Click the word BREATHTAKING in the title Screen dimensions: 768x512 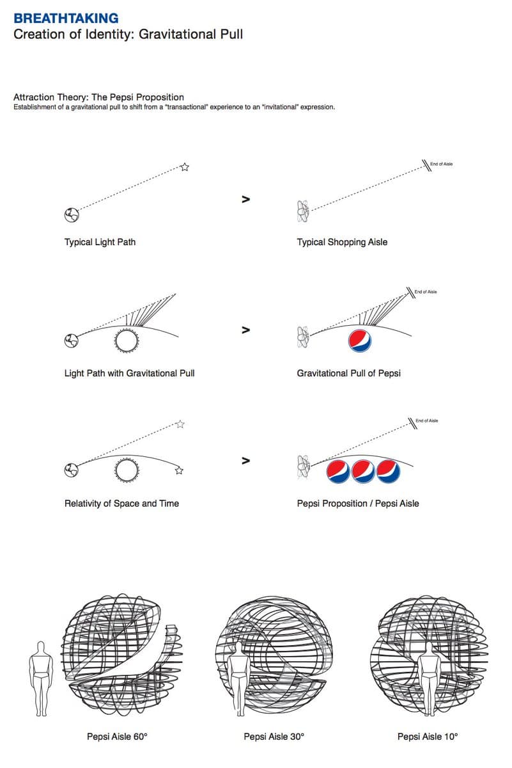click(66, 18)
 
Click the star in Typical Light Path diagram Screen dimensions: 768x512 click(185, 167)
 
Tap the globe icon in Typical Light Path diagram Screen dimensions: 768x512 click(71, 215)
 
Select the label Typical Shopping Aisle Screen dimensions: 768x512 click(342, 243)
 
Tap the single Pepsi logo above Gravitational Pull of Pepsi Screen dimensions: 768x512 click(361, 341)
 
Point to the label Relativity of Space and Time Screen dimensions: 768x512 click(121, 504)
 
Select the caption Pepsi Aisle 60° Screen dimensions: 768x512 click(117, 737)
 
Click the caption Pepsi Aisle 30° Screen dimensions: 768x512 click(274, 737)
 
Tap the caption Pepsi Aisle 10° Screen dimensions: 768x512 click(428, 737)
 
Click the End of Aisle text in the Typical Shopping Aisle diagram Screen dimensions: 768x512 click(441, 164)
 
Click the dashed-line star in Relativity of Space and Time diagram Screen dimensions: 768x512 click(180, 424)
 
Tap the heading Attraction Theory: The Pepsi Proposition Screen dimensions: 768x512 click(98, 97)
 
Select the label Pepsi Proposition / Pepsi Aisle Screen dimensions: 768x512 click(358, 504)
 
